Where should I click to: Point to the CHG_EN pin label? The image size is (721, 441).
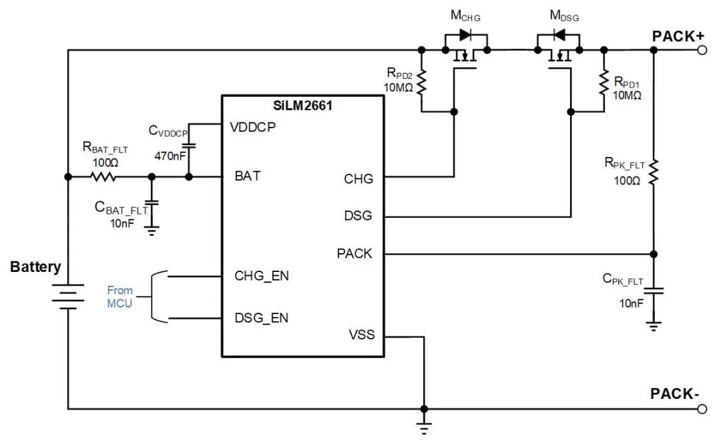[261, 275]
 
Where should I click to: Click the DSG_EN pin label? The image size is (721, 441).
[261, 317]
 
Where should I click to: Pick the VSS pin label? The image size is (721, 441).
[361, 334]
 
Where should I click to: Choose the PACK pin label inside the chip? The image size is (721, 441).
[354, 254]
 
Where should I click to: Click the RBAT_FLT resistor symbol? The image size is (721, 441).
[103, 177]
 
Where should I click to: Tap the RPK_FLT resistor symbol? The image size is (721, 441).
[654, 172]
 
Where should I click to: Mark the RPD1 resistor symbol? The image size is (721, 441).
[604, 82]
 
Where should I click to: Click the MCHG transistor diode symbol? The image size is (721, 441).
[467, 35]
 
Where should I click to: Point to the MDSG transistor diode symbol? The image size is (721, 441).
[557, 35]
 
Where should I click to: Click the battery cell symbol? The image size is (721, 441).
[68, 297]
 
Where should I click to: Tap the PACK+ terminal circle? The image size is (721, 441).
[700, 50]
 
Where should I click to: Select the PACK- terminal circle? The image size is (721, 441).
[700, 409]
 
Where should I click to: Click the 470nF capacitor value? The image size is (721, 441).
[169, 156]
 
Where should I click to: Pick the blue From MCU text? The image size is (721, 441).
[120, 297]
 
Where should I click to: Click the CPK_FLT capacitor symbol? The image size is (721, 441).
[654, 291]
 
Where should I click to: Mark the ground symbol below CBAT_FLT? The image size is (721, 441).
[152, 231]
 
